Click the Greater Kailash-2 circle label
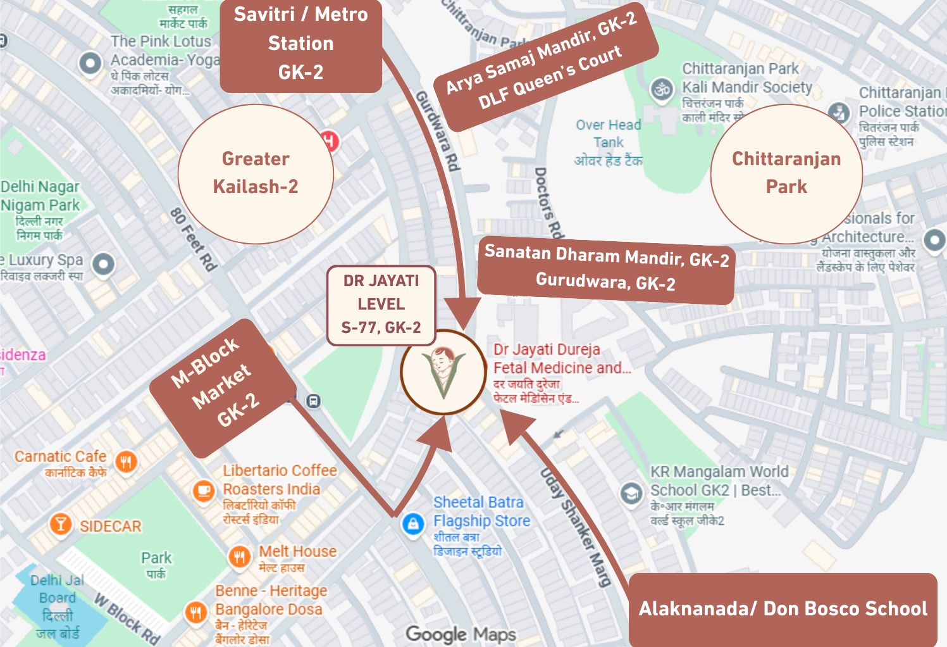256,173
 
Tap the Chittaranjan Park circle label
786,173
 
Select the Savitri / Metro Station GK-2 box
300,44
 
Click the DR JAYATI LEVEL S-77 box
381,305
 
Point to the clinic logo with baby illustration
443,372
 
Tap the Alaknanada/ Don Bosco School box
783,609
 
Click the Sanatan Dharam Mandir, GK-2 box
606,268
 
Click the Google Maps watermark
461,634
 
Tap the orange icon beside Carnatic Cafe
127,462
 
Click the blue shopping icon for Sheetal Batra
413,524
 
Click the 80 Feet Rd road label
194,239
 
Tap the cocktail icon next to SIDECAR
61,524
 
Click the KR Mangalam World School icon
631,493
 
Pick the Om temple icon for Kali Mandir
662,89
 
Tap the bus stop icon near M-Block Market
313,401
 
